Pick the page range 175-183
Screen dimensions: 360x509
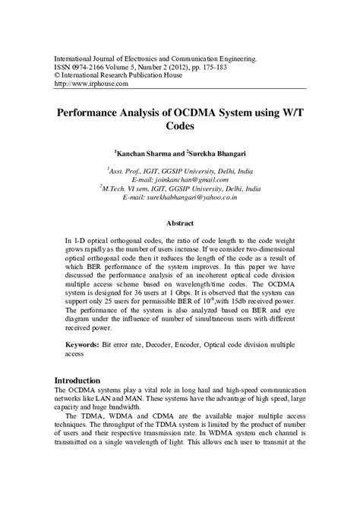pyautogui.click(x=238, y=66)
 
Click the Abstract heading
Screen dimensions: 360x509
pyautogui.click(x=180, y=223)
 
